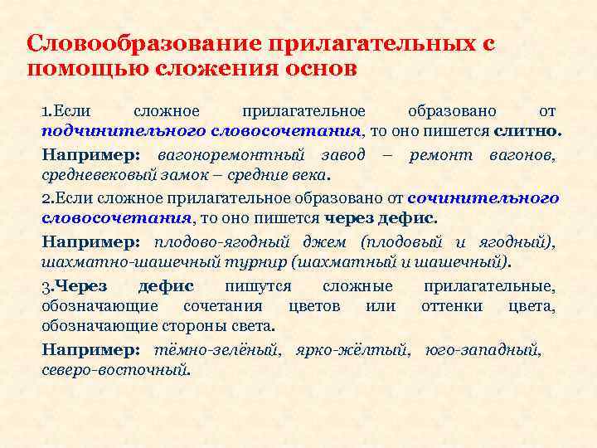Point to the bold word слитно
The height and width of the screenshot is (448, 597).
pyautogui.click(x=527, y=131)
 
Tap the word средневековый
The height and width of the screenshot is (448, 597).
pyautogui.click(x=91, y=176)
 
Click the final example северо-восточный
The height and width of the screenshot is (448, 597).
pyautogui.click(x=114, y=371)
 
